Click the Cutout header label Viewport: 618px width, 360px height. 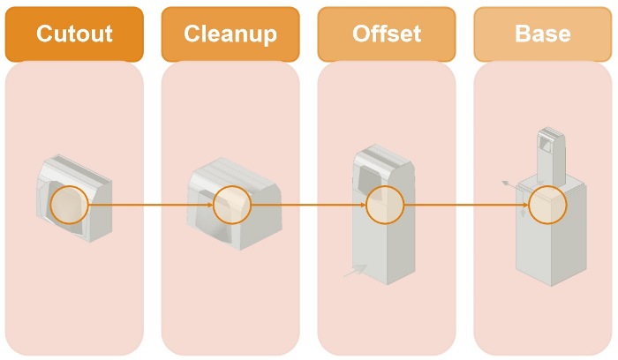coord(74,34)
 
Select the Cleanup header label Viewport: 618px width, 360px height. coord(230,34)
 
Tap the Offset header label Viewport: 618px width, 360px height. coord(386,34)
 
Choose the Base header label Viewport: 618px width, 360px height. coord(542,34)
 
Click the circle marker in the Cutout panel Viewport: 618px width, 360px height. coord(70,205)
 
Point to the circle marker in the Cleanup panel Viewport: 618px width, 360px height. coord(232,205)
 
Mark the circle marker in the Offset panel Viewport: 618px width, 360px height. coord(385,205)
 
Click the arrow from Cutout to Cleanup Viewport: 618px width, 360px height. coord(151,205)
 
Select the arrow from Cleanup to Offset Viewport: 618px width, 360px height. coord(309,205)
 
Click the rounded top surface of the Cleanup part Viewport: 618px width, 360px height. coord(231,169)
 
